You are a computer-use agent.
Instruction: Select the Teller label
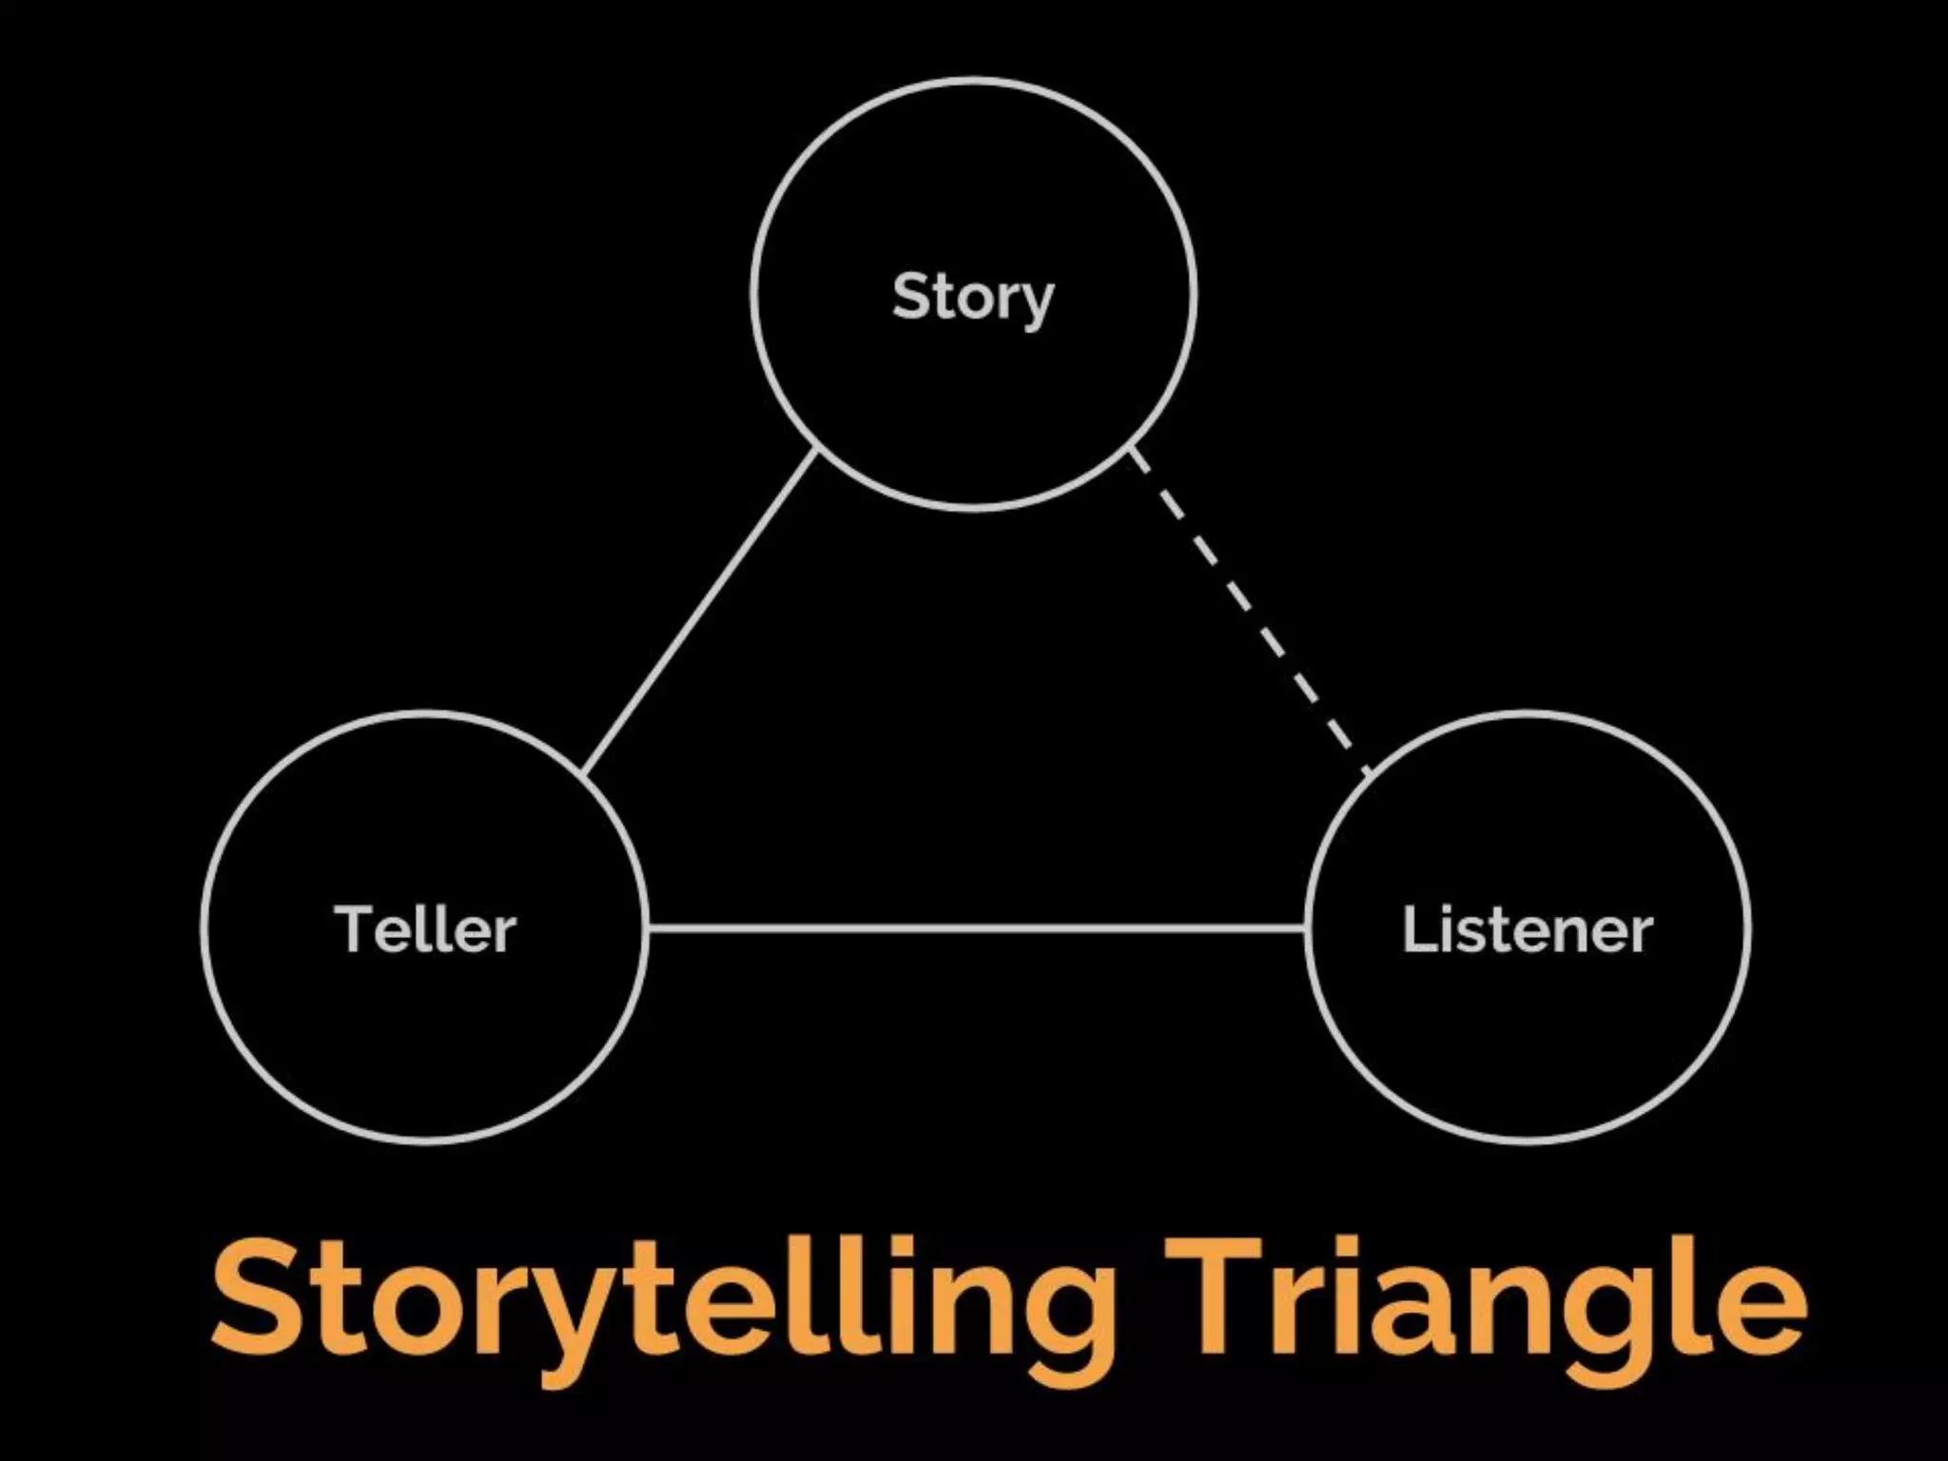(425, 929)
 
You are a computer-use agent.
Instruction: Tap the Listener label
(1527, 929)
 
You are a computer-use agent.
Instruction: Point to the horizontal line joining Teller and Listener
(976, 927)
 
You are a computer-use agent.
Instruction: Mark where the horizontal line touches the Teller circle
(648, 927)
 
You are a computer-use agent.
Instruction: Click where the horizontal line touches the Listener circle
(1306, 927)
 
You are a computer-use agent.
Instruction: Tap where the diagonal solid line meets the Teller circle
(583, 771)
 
